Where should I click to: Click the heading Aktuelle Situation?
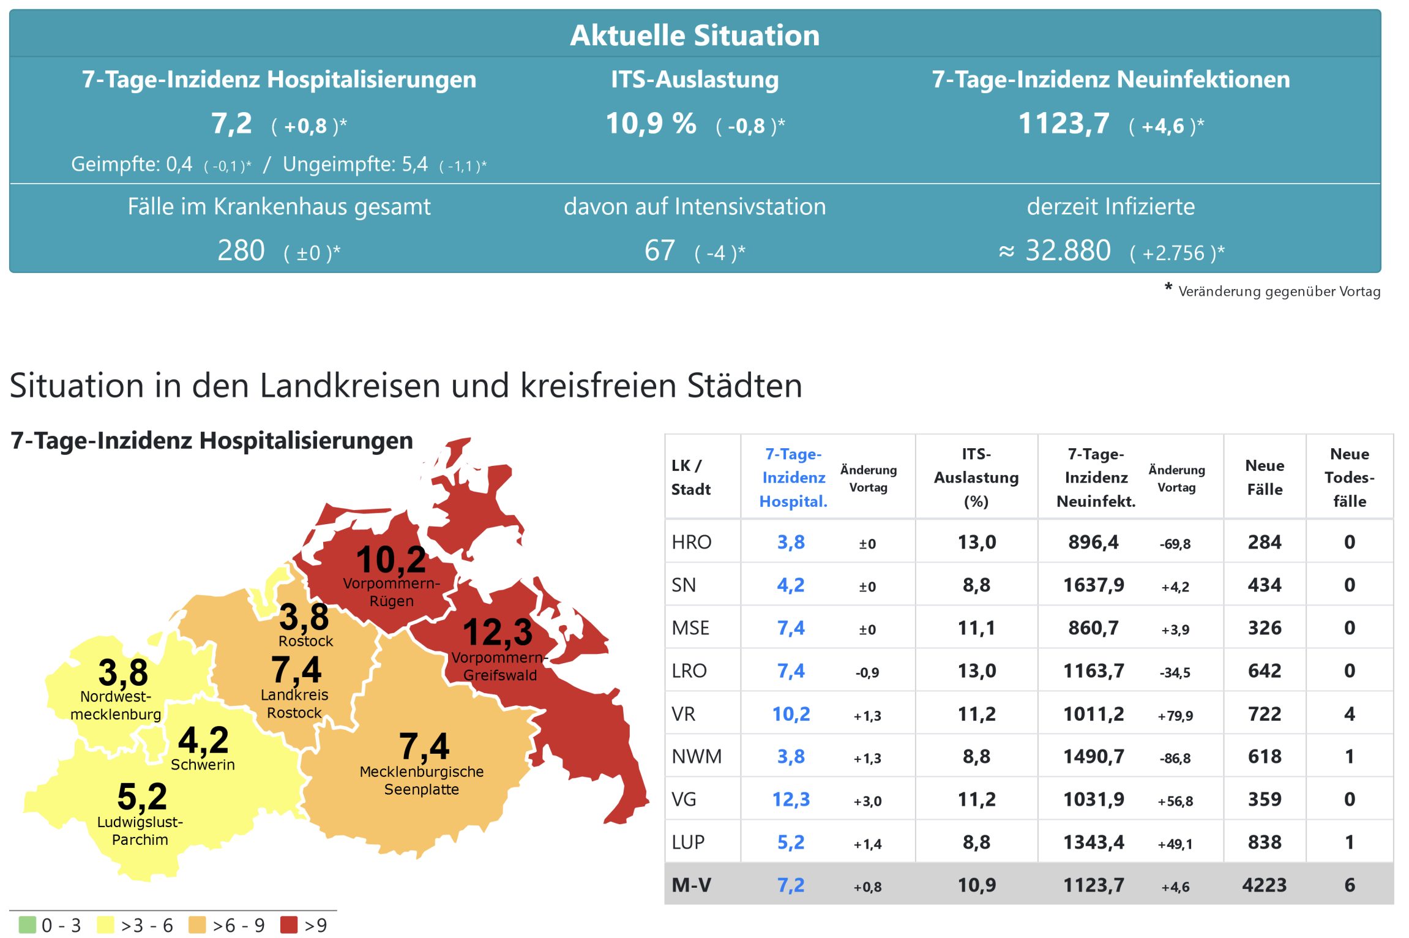(x=695, y=36)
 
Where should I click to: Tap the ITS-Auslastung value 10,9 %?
(x=651, y=124)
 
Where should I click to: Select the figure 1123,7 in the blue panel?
(x=1064, y=124)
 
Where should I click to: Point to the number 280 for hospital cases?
(x=241, y=250)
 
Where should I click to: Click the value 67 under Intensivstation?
(x=659, y=250)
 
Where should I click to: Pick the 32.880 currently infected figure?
(x=1067, y=250)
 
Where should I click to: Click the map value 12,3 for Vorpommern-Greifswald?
(x=498, y=632)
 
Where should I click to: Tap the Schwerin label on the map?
(x=203, y=765)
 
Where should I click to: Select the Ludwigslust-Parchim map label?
(x=140, y=831)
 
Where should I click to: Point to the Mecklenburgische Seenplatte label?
(x=422, y=781)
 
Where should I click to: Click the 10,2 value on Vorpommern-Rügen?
(x=391, y=560)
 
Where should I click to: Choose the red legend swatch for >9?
(x=288, y=925)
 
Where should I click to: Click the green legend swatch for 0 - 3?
(x=28, y=925)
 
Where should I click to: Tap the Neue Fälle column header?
(x=1265, y=477)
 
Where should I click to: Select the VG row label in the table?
(x=684, y=799)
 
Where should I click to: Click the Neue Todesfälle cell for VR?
(x=1349, y=713)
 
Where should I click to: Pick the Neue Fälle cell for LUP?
(x=1265, y=842)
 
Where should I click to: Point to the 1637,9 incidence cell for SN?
(x=1094, y=585)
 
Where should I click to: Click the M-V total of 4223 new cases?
(x=1265, y=885)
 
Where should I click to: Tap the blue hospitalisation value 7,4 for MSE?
(x=791, y=628)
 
